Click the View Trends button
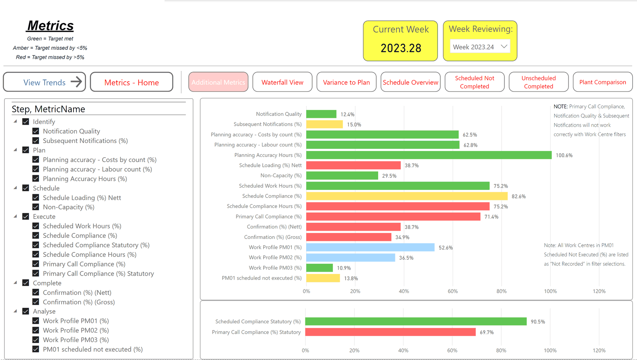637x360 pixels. click(x=44, y=82)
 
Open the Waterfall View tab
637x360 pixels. click(x=282, y=82)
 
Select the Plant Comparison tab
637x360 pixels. click(x=603, y=82)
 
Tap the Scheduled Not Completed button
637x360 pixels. click(x=475, y=82)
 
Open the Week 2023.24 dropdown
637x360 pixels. click(x=480, y=47)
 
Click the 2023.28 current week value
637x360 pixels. click(x=401, y=48)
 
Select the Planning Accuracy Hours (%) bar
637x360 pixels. click(x=429, y=155)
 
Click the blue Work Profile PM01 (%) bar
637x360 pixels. click(x=370, y=247)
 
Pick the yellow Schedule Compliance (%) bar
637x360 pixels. click(x=407, y=196)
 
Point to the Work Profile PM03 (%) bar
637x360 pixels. click(x=319, y=268)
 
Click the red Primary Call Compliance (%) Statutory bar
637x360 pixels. click(x=391, y=332)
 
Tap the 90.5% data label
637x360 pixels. click(x=538, y=322)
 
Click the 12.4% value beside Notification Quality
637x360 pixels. click(x=348, y=114)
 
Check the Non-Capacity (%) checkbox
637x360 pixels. click(x=36, y=207)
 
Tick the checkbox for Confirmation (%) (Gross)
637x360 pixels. click(x=36, y=302)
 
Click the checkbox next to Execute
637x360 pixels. click(x=25, y=216)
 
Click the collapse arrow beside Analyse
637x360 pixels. click(x=16, y=311)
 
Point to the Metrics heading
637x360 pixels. click(x=50, y=25)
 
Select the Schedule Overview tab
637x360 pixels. click(x=410, y=82)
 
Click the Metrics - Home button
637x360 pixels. click(x=132, y=82)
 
